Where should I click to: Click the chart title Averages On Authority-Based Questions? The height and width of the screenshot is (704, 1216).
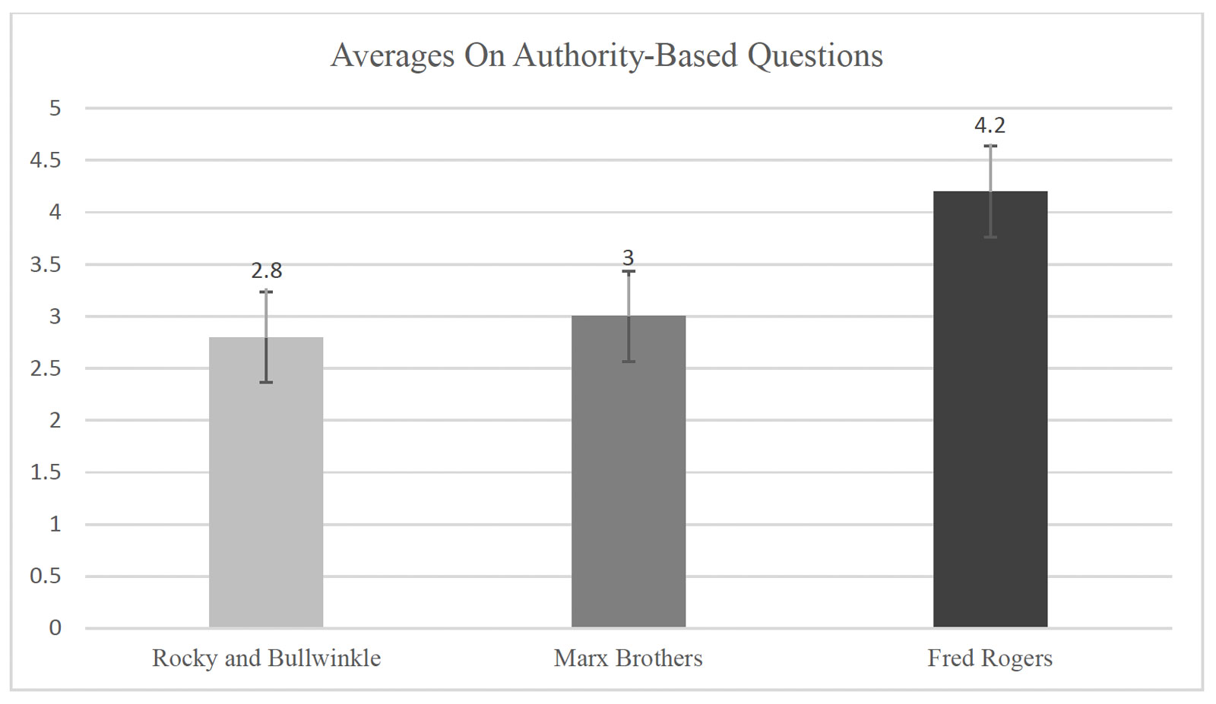606,56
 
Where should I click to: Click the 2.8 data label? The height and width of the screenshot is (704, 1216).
267,270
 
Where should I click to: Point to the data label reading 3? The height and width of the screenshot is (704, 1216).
628,258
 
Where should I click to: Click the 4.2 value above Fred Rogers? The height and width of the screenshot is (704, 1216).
990,125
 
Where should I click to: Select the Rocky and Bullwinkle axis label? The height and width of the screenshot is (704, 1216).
266,658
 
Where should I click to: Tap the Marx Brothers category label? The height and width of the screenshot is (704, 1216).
628,658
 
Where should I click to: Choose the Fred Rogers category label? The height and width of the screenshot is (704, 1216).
990,658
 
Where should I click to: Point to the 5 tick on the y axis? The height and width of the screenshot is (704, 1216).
55,109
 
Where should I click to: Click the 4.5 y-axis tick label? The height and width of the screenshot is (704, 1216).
46,160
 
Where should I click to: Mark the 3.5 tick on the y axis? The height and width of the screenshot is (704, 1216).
46,264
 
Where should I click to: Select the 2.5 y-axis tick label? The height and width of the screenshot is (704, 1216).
46,368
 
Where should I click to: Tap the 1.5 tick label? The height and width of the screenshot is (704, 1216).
46,472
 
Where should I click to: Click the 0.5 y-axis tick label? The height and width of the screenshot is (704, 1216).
46,576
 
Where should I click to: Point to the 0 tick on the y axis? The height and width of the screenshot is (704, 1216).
55,628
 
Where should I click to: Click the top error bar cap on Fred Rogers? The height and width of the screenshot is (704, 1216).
990,146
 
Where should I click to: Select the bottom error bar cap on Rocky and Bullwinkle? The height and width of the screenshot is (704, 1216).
266,382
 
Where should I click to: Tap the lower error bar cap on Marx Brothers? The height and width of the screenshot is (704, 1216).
629,361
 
